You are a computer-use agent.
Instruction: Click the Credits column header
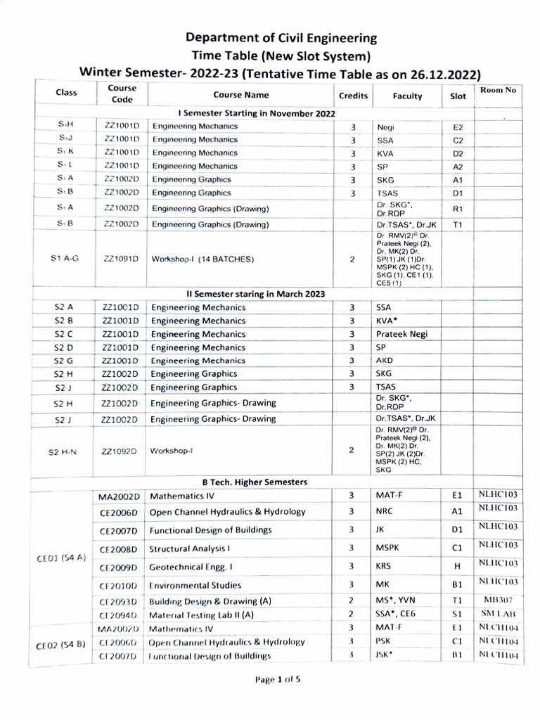point(353,96)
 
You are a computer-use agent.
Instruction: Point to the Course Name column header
point(240,95)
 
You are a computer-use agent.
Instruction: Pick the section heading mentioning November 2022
point(257,113)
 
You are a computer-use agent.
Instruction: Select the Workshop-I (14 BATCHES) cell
point(202,259)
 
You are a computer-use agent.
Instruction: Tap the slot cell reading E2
point(458,127)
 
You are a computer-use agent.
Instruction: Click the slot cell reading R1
point(458,209)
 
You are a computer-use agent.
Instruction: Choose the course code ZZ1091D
point(122,259)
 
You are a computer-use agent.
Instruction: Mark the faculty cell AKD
point(385,361)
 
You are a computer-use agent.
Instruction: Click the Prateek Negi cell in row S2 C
point(401,334)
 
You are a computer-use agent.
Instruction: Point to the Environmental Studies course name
point(195,585)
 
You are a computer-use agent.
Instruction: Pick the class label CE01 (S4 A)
point(61,558)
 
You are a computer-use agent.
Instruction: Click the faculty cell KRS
point(384,566)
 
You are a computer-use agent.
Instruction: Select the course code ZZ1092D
point(122,451)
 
